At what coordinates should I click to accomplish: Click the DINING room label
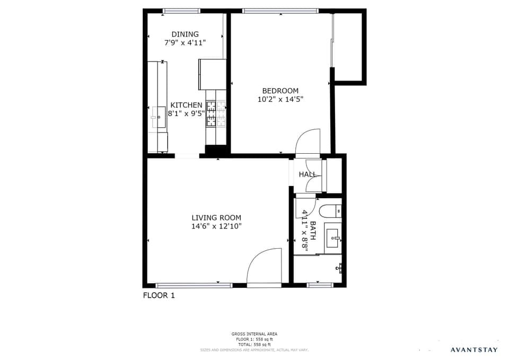(185, 34)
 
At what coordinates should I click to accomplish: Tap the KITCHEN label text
(186, 105)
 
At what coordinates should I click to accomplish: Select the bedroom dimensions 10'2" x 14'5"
(280, 99)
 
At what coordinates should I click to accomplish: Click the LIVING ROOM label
(216, 217)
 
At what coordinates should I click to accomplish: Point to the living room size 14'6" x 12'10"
(216, 226)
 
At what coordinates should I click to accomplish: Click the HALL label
(308, 174)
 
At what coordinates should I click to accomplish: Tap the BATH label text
(313, 231)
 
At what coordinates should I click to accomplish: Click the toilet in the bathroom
(331, 211)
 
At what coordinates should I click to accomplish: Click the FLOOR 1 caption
(159, 295)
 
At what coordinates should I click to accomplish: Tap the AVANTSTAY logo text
(474, 349)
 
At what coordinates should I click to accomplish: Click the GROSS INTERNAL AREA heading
(254, 334)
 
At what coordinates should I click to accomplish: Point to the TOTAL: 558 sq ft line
(254, 344)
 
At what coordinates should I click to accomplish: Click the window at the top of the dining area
(181, 11)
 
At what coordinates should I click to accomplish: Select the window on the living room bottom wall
(194, 285)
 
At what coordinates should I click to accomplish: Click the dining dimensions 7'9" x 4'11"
(185, 43)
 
